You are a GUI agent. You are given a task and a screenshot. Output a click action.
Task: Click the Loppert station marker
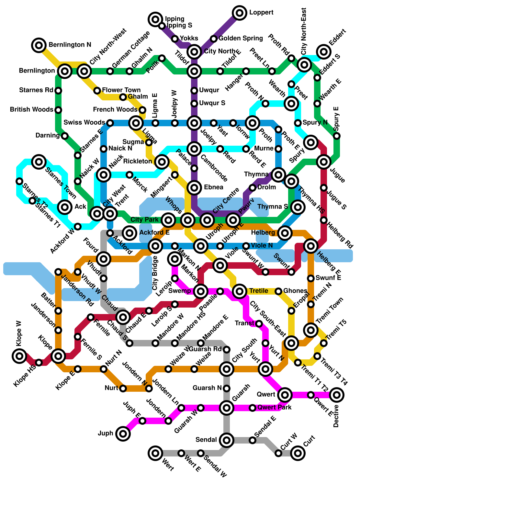pyautogui.click(x=240, y=13)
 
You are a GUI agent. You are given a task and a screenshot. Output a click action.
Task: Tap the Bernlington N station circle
pyautogui.click(x=39, y=45)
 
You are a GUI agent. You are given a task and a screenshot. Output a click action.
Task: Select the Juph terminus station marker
pyautogui.click(x=123, y=434)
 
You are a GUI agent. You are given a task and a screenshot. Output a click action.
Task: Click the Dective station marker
pyautogui.click(x=337, y=395)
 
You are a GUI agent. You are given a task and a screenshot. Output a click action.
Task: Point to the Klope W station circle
pyautogui.click(x=19, y=356)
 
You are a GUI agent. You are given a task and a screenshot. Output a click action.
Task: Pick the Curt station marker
pyautogui.click(x=298, y=453)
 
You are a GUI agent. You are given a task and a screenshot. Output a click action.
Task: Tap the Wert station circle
pyautogui.click(x=155, y=453)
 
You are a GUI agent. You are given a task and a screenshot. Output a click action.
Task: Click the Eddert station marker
pyautogui.click(x=324, y=51)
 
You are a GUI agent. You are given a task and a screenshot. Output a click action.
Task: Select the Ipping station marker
pyautogui.click(x=155, y=19)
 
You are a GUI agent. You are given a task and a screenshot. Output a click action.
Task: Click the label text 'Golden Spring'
pyautogui.click(x=241, y=39)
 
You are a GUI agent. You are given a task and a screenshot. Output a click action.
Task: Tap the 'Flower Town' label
pyautogui.click(x=121, y=90)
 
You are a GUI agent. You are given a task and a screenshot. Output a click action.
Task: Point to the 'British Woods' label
pyautogui.click(x=31, y=110)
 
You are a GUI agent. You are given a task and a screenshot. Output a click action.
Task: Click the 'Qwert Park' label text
pyautogui.click(x=275, y=408)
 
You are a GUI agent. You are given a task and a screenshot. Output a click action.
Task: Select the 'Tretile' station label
pyautogui.click(x=259, y=291)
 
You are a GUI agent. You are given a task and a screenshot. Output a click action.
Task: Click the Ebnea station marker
pyautogui.click(x=194, y=187)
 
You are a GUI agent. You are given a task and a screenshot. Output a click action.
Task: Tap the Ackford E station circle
pyautogui.click(x=129, y=233)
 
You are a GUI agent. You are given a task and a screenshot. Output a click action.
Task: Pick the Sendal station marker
pyautogui.click(x=227, y=440)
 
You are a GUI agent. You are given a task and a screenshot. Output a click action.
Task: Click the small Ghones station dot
pyautogui.click(x=278, y=291)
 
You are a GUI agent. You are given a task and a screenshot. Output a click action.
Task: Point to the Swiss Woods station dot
pyautogui.click(x=110, y=123)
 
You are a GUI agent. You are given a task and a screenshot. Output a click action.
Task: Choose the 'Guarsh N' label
pyautogui.click(x=207, y=388)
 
